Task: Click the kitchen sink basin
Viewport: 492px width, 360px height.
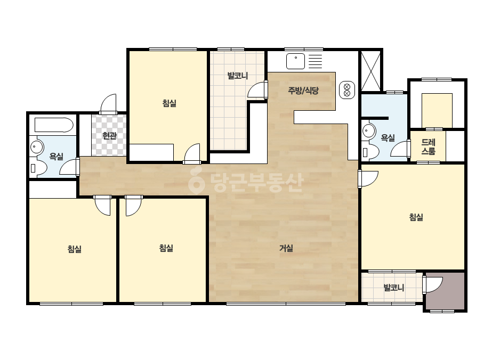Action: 295,61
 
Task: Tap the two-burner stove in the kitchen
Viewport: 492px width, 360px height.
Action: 347,90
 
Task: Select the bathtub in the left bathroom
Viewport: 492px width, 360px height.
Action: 54,125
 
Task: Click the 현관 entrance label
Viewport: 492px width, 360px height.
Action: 109,136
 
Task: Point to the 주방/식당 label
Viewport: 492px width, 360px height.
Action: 303,91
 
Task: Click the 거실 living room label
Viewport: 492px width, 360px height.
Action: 286,248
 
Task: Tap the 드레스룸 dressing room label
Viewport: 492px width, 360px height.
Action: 429,147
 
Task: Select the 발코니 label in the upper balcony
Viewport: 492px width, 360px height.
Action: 238,76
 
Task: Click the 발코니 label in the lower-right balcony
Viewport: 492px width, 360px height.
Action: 394,288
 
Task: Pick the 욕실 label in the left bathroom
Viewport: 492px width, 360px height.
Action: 56,156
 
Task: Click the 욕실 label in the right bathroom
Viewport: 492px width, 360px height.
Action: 388,137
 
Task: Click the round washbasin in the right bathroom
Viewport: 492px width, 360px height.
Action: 368,131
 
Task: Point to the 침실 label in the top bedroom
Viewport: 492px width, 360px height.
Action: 170,103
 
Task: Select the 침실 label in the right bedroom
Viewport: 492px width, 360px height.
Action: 416,217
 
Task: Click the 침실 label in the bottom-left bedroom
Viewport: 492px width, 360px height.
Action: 75,249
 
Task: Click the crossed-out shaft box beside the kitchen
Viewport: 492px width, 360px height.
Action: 371,71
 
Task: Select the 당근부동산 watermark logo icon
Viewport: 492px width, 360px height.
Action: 196,181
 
